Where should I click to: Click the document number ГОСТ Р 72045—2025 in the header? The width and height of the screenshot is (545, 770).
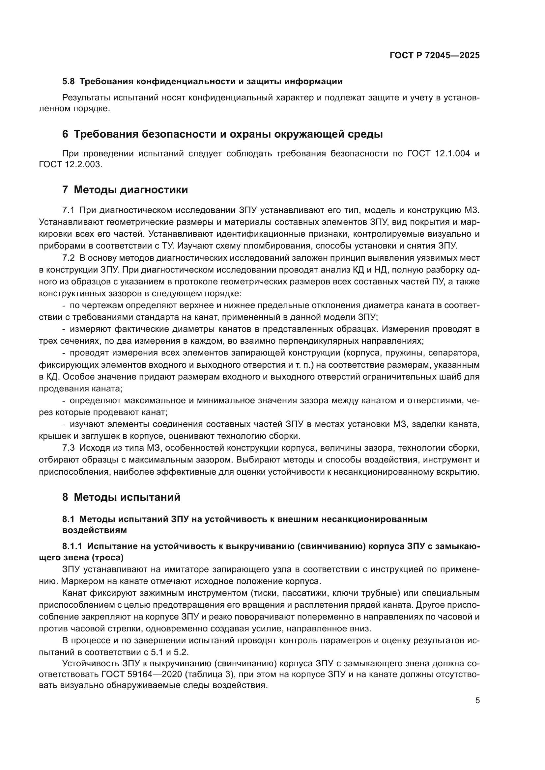[435, 55]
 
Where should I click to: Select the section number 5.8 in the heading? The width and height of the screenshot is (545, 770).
[69, 82]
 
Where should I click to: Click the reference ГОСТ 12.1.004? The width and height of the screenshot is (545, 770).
[438, 154]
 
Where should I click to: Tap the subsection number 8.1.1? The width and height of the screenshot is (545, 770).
[72, 546]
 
